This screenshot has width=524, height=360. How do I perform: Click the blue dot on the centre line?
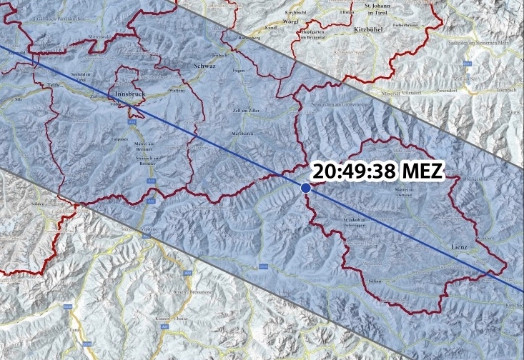point(306,187)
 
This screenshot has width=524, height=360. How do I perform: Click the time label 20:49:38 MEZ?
point(379,172)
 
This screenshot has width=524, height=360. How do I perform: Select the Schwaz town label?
point(204,66)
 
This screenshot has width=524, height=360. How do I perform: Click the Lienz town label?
point(459,246)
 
